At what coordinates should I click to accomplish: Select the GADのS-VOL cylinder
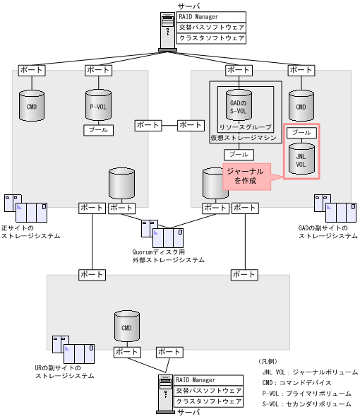pos(238,105)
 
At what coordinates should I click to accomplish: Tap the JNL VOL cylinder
pos(301,159)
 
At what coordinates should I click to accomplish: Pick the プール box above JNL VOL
pos(301,132)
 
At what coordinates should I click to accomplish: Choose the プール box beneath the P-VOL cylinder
pos(97,130)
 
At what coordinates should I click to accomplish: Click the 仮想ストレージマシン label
pos(243,138)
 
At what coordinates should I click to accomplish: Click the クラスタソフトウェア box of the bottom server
pos(209,401)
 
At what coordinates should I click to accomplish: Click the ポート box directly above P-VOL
pos(97,70)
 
